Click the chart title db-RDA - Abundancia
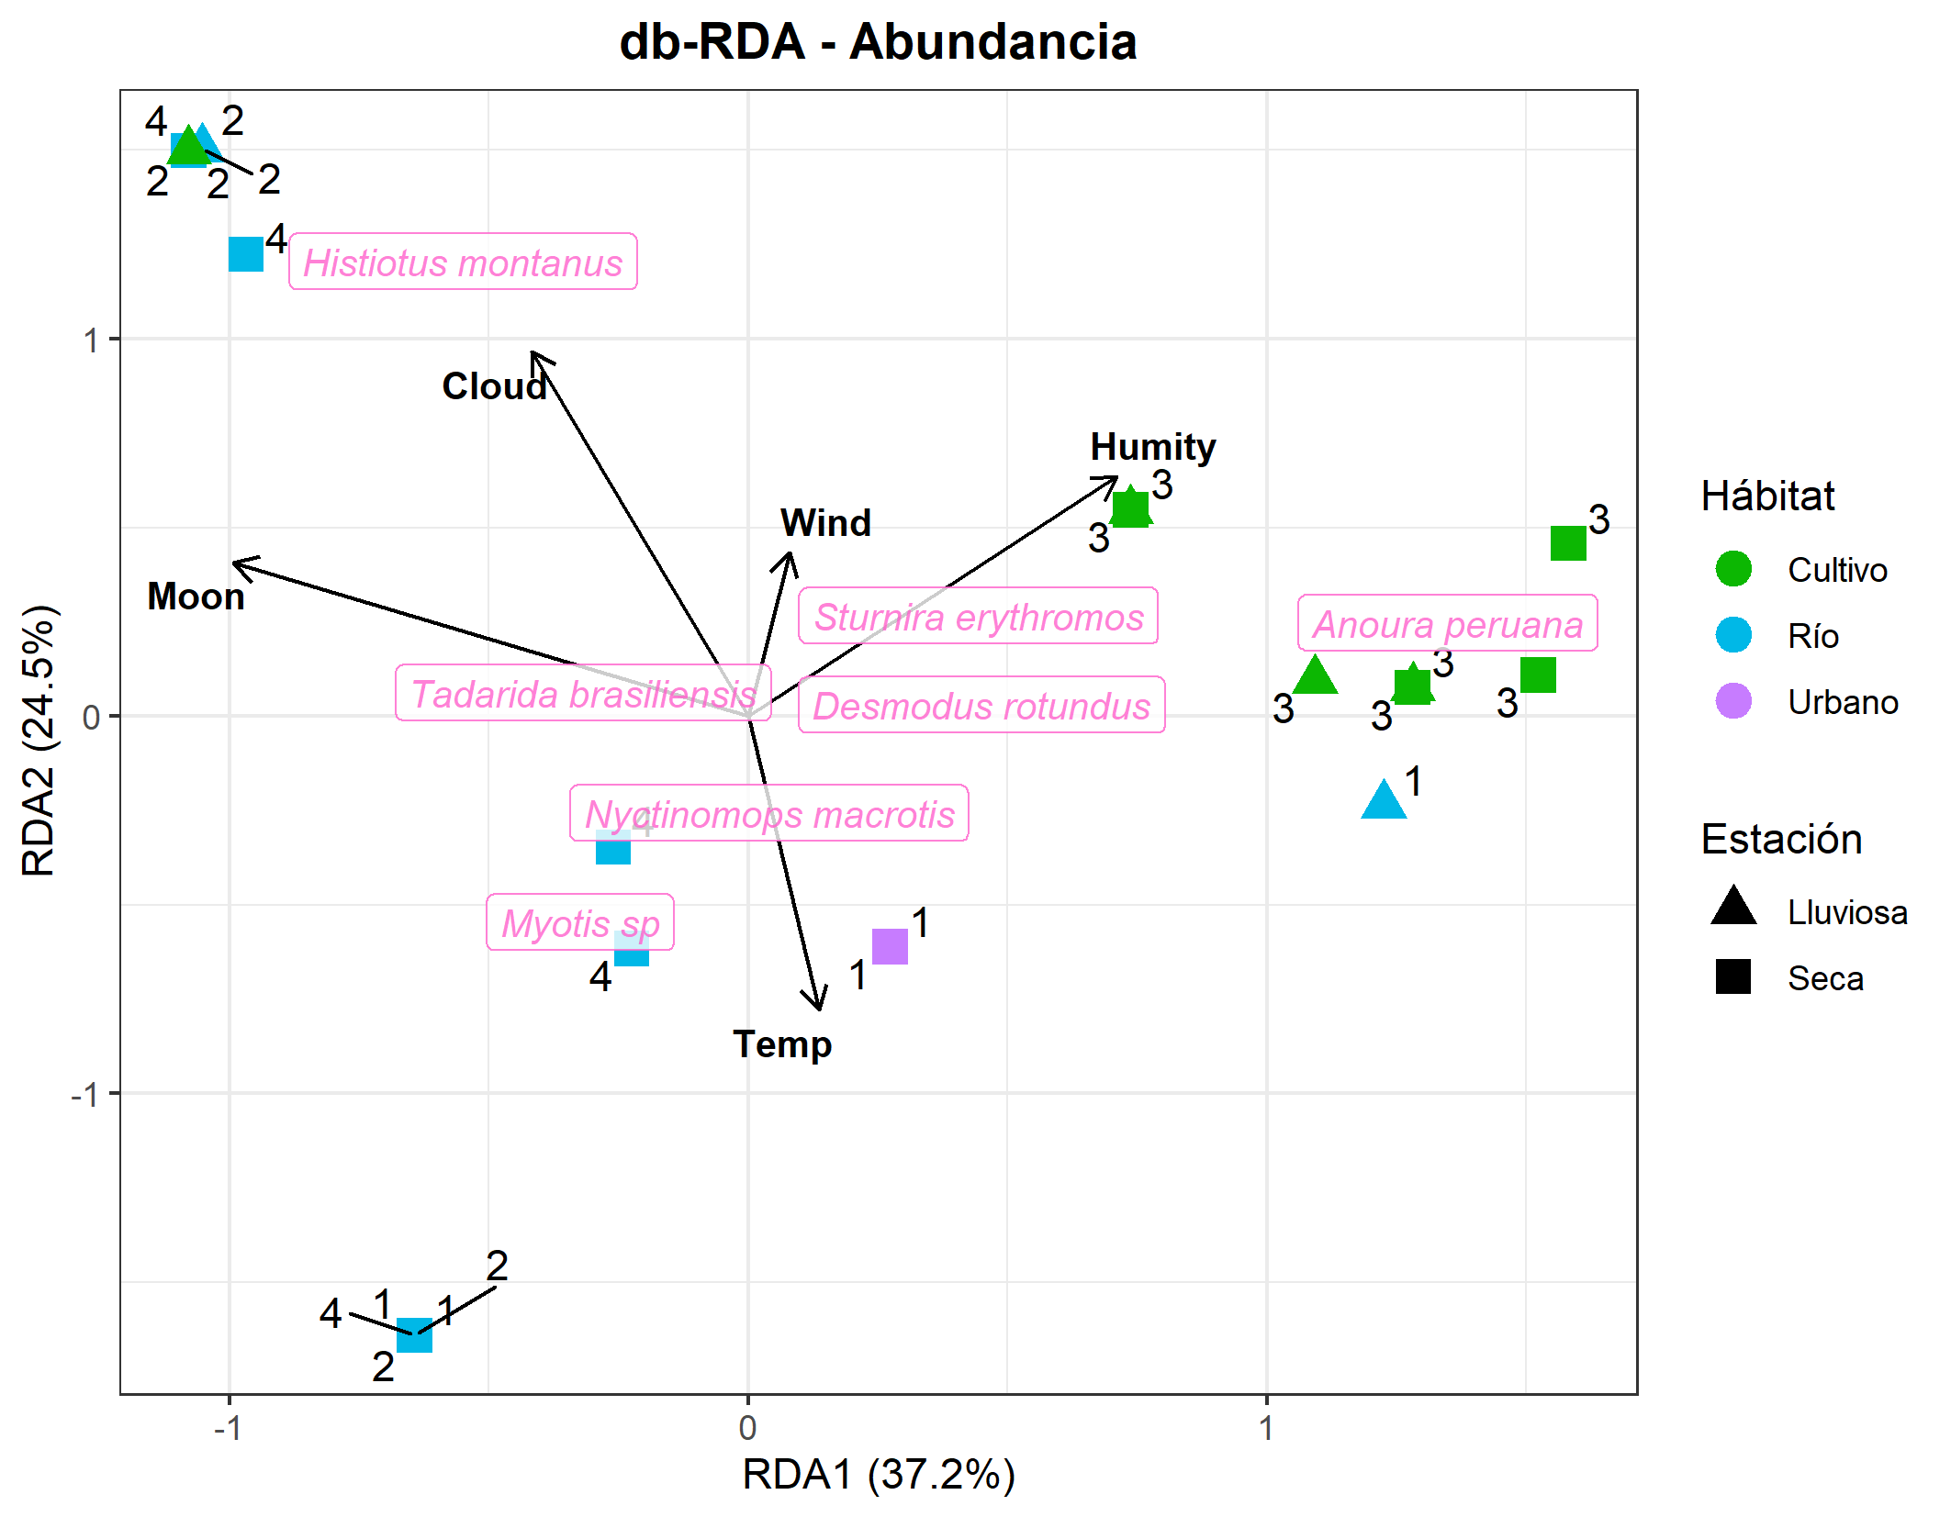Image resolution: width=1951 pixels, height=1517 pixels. (x=878, y=41)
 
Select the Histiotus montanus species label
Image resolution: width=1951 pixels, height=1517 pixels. (x=463, y=262)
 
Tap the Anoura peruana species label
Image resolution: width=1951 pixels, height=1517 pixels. (x=1448, y=623)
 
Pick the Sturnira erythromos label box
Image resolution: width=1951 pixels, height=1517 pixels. (x=978, y=616)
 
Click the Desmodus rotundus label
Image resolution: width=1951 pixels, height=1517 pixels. (x=981, y=705)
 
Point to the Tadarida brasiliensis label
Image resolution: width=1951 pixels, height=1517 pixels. (x=583, y=693)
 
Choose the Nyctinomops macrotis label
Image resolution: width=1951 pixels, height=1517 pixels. (x=769, y=813)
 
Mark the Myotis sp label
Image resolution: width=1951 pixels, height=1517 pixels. (x=580, y=922)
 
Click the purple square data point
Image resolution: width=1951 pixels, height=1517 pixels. (x=890, y=946)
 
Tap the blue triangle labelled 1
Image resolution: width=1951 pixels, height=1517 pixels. (x=1384, y=799)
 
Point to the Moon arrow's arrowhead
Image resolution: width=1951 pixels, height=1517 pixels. (x=232, y=562)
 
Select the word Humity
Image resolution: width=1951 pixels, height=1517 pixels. (x=1153, y=447)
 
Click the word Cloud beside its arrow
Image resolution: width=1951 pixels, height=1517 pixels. (x=494, y=386)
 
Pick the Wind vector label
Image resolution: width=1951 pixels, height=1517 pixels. (x=825, y=523)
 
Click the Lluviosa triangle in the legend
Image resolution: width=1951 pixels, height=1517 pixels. (x=1733, y=905)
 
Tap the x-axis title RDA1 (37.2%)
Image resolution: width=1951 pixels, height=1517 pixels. (x=879, y=1475)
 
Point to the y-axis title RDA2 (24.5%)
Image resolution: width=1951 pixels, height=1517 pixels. (x=39, y=742)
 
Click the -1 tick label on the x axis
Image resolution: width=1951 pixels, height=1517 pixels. (x=228, y=1428)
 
